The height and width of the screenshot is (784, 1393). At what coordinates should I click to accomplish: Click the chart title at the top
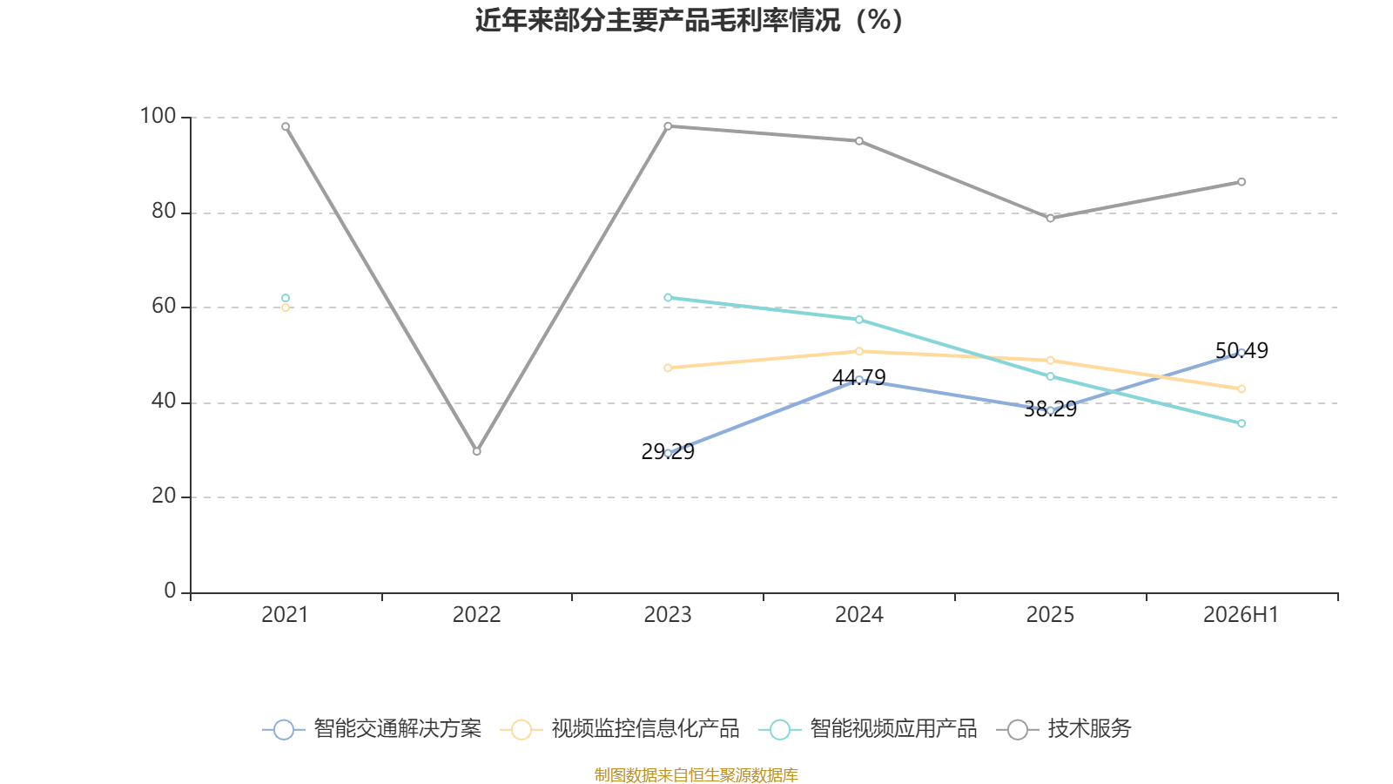689,21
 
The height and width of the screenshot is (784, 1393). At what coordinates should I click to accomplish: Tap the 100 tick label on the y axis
158,116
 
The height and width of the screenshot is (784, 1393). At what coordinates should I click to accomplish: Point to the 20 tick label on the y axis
164,496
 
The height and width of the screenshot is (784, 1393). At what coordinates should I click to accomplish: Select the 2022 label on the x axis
476,615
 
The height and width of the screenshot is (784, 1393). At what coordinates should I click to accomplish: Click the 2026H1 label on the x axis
1241,615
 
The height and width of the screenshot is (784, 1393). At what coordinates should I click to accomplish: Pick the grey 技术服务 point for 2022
477,451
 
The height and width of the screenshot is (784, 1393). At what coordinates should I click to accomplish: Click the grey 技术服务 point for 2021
286,126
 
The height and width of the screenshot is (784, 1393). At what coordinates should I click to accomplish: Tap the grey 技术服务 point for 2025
1050,219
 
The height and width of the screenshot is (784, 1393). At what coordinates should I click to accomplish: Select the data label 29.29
667,452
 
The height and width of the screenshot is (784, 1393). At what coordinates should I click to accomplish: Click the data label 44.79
858,378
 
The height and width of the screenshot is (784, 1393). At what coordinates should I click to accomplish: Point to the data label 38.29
1050,409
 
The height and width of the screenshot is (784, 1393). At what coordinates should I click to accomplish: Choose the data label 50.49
1242,351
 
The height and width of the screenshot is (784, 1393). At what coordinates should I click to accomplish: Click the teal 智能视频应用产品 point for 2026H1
1242,423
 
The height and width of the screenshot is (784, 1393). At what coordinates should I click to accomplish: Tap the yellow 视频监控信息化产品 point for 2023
668,368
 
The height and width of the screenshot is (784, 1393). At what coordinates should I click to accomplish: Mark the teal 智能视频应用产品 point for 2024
859,320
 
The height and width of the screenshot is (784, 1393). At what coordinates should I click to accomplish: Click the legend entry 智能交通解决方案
372,728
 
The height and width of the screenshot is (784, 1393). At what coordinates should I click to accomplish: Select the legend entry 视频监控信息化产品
619,728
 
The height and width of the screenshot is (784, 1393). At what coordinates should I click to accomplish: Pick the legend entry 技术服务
1064,728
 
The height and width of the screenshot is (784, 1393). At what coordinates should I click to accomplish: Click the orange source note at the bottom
696,774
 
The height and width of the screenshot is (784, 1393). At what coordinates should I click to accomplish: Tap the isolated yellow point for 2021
286,308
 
